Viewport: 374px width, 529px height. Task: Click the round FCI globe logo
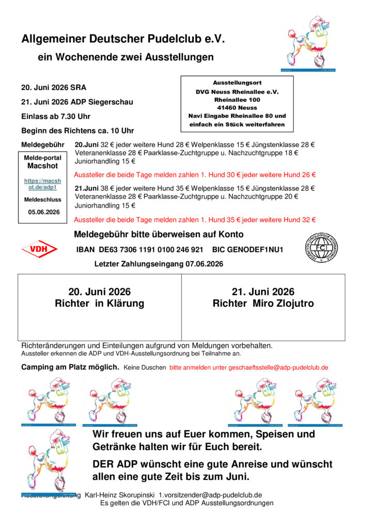321,248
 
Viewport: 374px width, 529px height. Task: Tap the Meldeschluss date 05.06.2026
44,212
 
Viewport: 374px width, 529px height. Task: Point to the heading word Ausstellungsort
237,83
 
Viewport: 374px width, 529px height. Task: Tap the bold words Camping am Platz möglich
70,367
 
